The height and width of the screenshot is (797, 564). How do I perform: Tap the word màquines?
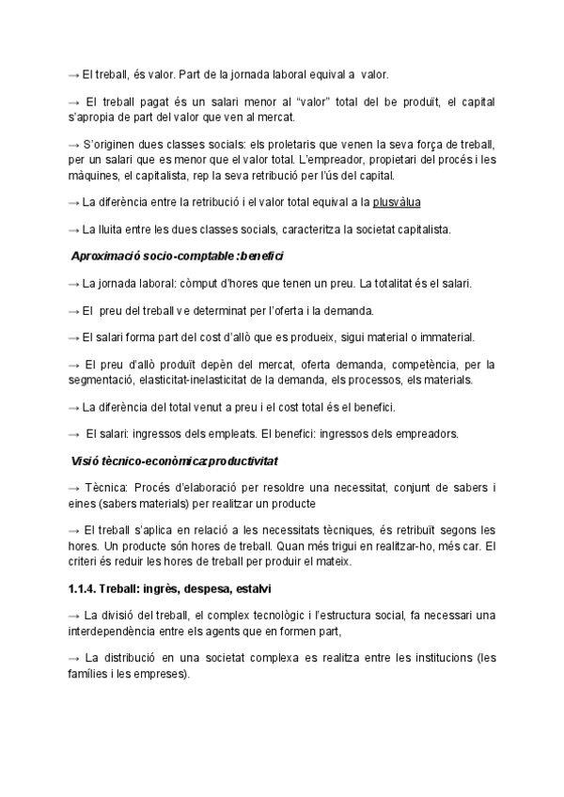(x=90, y=175)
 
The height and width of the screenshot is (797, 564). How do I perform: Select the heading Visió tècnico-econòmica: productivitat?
(x=174, y=461)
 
